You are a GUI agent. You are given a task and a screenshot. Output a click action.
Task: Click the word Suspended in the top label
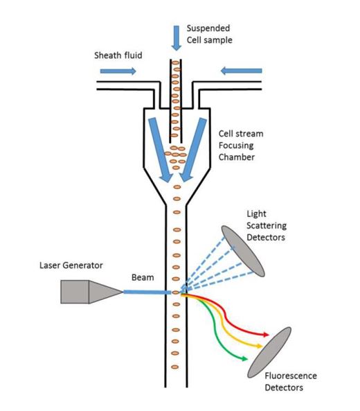pos(208,28)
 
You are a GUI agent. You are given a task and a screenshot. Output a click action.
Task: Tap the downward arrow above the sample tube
pos(177,38)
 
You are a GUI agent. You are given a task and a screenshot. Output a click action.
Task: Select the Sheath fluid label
pos(118,55)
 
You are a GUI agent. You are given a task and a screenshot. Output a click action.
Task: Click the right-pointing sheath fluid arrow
pos(118,71)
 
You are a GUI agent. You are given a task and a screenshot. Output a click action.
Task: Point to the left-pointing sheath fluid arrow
pos(241,71)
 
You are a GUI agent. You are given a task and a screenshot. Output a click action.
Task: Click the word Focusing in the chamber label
pos(236,146)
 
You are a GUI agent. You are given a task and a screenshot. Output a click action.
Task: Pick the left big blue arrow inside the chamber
pos(160,150)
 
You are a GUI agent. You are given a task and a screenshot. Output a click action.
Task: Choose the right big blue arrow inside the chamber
pos(193,150)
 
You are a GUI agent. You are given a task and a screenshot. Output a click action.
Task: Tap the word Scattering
pos(267,226)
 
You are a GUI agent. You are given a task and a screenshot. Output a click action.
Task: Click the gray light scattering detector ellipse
pos(243,251)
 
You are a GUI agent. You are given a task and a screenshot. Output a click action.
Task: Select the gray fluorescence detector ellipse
pos(269,352)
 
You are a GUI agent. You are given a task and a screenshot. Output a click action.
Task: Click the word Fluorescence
pos(291,376)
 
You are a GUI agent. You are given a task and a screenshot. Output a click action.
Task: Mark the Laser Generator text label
pos(71,265)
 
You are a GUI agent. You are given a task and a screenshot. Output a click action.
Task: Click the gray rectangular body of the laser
pos(75,292)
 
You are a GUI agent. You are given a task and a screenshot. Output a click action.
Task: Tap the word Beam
pos(143,277)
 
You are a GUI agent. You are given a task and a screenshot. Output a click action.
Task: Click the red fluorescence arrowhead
pos(266,335)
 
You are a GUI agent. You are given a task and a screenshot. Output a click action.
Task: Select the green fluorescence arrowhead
pos(244,358)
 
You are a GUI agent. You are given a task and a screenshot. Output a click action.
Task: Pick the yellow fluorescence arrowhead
pos(259,347)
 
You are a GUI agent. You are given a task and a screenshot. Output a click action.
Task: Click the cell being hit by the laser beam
pos(176,292)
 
